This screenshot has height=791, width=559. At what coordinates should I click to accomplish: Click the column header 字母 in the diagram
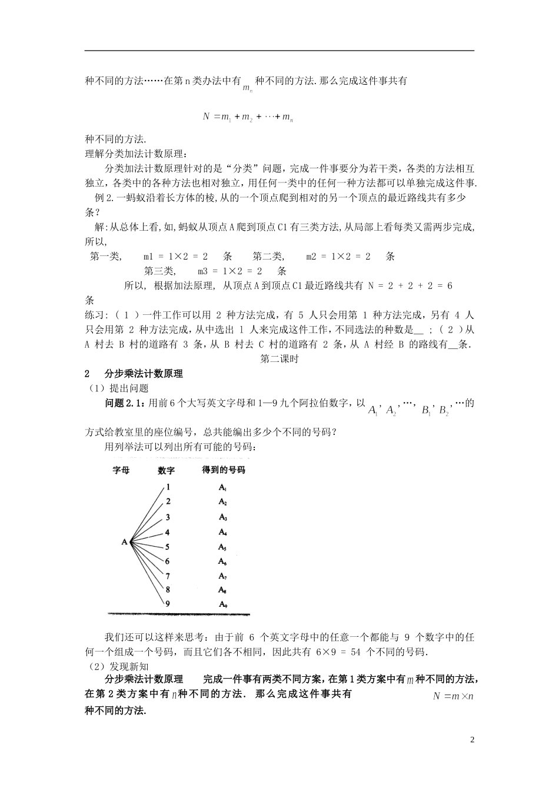click(x=121, y=470)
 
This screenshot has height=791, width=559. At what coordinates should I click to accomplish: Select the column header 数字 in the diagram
click(x=167, y=470)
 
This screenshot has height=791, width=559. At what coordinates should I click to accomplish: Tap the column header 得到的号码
click(x=223, y=470)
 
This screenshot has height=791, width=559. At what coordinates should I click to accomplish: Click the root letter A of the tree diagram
click(x=125, y=541)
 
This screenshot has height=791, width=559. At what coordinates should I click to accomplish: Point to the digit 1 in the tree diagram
click(x=168, y=487)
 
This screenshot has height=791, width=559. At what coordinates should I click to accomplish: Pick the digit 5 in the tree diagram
click(x=168, y=547)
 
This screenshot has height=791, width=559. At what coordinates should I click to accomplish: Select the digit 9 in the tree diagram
click(x=168, y=603)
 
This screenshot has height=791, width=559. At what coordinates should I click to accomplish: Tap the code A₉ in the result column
click(x=223, y=604)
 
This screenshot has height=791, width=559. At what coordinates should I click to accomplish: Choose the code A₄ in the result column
click(x=223, y=532)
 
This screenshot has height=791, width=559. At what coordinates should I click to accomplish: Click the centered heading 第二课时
click(x=279, y=359)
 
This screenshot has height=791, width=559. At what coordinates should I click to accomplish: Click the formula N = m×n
click(x=453, y=696)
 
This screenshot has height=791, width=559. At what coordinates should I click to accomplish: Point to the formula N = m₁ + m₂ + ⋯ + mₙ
click(x=248, y=117)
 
